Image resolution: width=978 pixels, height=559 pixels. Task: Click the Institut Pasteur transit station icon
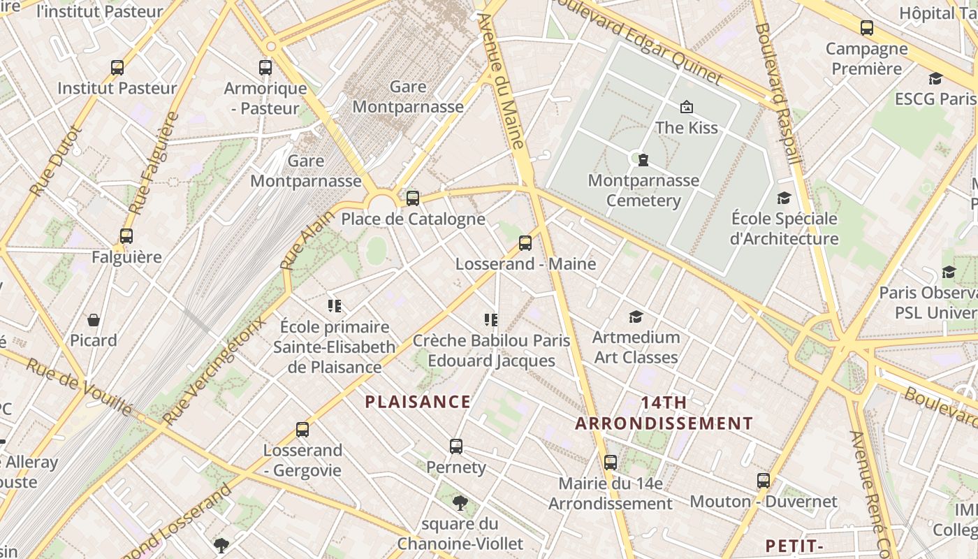click(x=117, y=68)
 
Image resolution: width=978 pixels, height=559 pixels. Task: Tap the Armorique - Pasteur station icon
click(x=265, y=68)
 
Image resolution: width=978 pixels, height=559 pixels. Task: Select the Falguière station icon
click(x=126, y=236)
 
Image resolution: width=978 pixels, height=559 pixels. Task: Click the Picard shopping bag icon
click(x=94, y=320)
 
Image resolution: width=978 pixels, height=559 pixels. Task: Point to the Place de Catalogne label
click(x=413, y=219)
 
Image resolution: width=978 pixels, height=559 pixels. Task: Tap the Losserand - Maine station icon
click(x=525, y=243)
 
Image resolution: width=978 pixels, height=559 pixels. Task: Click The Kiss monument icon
click(x=686, y=107)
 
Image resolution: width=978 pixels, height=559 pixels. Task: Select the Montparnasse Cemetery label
click(x=643, y=190)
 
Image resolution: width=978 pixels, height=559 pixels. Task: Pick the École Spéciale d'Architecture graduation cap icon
click(x=784, y=198)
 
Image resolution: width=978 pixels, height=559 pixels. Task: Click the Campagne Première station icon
click(x=867, y=28)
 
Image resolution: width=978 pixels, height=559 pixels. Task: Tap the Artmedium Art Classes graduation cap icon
click(x=636, y=317)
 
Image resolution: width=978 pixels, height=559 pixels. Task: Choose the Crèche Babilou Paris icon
click(x=491, y=320)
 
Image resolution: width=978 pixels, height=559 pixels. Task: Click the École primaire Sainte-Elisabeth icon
click(x=335, y=306)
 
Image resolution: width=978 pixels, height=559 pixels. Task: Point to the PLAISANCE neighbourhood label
click(x=418, y=402)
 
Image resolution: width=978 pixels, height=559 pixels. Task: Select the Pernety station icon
click(x=456, y=446)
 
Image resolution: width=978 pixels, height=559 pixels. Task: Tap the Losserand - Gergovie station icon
click(x=302, y=430)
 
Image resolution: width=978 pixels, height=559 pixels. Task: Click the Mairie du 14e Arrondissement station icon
click(x=611, y=462)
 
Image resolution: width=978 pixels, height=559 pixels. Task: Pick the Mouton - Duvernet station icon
click(x=764, y=481)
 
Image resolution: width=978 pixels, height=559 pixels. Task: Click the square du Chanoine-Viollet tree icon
click(x=460, y=502)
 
